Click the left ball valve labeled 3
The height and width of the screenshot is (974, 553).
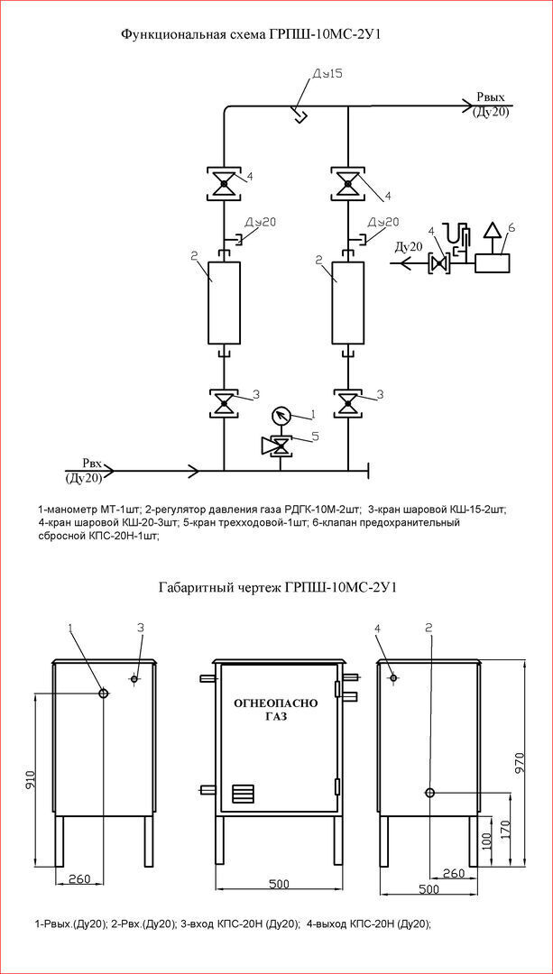(223, 402)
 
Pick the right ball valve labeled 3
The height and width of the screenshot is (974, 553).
(347, 402)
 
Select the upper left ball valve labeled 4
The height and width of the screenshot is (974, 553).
(223, 184)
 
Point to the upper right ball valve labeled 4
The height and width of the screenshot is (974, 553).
(347, 184)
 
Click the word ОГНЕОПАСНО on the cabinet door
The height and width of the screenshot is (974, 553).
(276, 702)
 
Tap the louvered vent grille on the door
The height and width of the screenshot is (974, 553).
(244, 793)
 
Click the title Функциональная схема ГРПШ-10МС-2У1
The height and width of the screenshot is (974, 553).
(258, 34)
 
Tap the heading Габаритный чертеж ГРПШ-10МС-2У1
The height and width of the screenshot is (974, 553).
(277, 587)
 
